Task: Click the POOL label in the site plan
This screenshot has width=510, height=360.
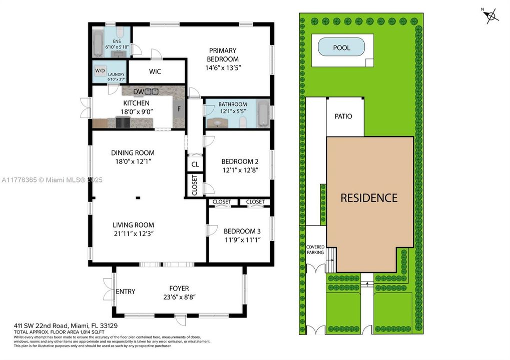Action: pyautogui.click(x=341, y=48)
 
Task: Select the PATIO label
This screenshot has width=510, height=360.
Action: pyautogui.click(x=343, y=116)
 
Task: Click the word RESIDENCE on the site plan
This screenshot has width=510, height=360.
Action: pyautogui.click(x=369, y=197)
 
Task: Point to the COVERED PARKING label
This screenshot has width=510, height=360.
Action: pyautogui.click(x=315, y=250)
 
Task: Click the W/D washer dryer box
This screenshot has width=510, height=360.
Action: pyautogui.click(x=100, y=70)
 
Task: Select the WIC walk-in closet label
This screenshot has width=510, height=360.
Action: pyautogui.click(x=155, y=71)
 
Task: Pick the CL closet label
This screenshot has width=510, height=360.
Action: pyautogui.click(x=195, y=164)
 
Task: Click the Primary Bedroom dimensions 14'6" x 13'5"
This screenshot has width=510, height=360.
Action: pyautogui.click(x=222, y=67)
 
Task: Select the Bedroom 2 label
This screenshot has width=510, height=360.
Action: pyautogui.click(x=240, y=161)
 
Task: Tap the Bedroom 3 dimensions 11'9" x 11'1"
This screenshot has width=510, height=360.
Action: pyautogui.click(x=242, y=239)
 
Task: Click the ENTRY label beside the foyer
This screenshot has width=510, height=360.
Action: pyautogui.click(x=125, y=291)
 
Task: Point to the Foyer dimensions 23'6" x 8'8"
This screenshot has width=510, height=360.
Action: pyautogui.click(x=179, y=296)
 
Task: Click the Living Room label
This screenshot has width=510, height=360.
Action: pyautogui.click(x=133, y=225)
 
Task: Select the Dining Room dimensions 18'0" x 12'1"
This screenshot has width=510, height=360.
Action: pyautogui.click(x=133, y=161)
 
